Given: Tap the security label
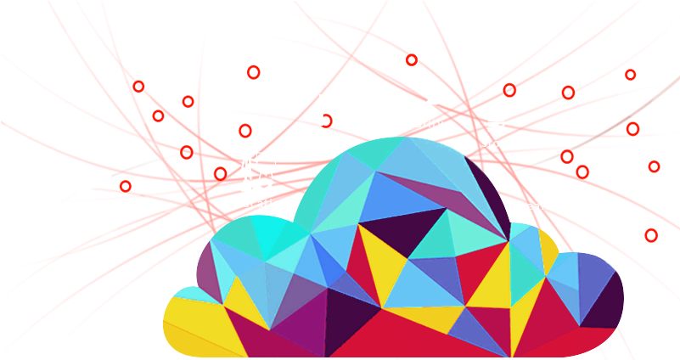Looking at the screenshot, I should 419,123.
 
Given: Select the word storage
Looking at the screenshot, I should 503,143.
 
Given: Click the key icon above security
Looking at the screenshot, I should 430,102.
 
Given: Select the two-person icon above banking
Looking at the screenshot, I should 331,110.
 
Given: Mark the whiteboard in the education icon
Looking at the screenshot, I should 267,160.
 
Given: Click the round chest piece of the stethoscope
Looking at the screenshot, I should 542,167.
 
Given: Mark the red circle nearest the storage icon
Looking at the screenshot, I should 509,89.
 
